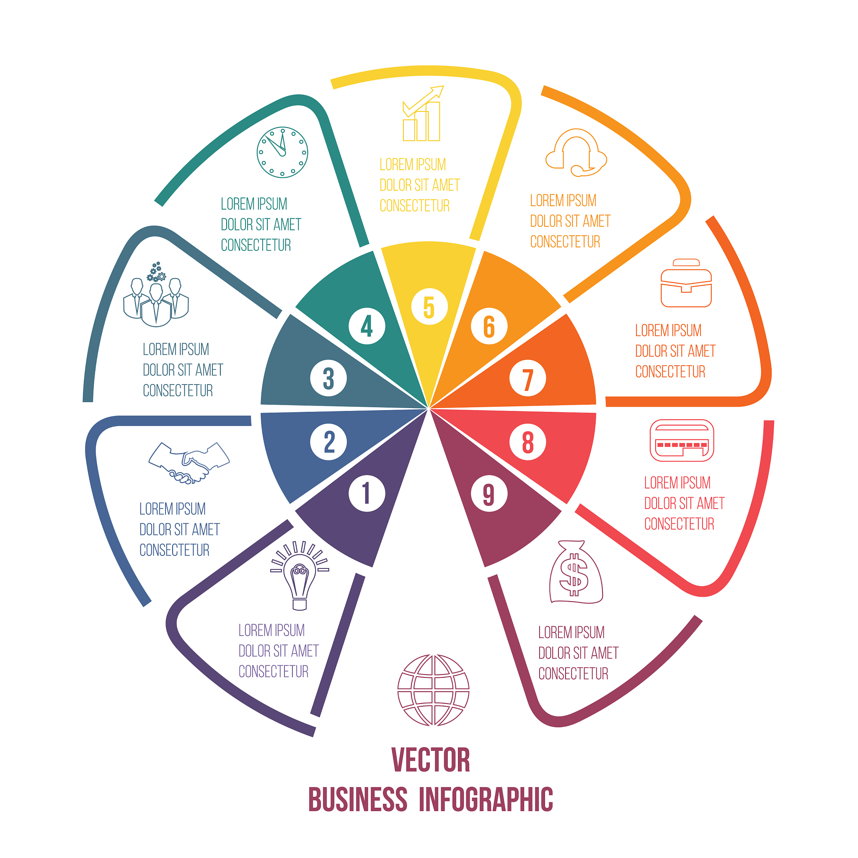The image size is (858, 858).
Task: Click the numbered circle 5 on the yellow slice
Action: (429, 306)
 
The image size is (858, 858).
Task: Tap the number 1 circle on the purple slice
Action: (367, 494)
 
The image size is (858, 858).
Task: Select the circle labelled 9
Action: (489, 494)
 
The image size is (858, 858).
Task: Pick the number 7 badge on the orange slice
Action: (527, 378)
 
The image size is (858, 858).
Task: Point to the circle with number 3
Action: (328, 378)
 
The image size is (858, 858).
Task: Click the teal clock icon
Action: (282, 152)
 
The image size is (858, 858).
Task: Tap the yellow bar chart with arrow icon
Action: (422, 114)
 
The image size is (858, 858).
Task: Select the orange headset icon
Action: (576, 153)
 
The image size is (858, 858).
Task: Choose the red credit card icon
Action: (682, 441)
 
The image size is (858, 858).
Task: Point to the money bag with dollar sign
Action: (576, 572)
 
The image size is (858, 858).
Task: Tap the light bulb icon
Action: (300, 576)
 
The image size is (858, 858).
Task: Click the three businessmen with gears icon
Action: (156, 295)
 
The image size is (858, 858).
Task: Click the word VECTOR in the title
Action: (430, 760)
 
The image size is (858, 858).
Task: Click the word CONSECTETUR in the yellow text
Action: (414, 206)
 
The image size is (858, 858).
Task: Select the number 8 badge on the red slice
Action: (527, 442)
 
